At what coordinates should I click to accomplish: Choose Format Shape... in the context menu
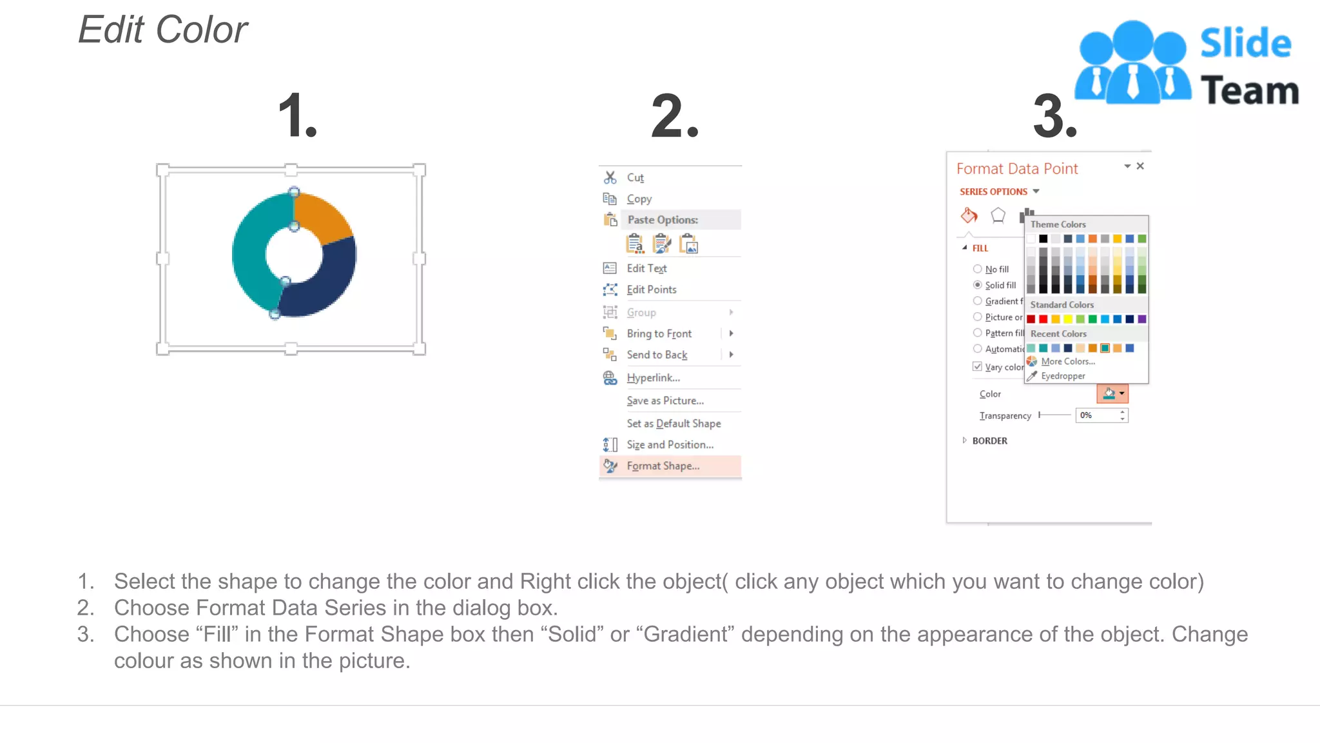663,466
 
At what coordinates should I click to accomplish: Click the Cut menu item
635,177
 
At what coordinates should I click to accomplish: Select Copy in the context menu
639,199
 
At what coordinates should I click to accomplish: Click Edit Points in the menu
651,290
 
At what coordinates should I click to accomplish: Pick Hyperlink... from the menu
653,377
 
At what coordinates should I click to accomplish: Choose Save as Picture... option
665,401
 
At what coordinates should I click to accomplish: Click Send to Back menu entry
657,355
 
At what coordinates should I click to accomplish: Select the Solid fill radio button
978,285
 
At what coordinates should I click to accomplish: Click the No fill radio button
978,269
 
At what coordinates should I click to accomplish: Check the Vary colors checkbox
977,366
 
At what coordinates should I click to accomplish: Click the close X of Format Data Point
1140,166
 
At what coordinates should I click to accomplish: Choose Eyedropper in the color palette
1062,376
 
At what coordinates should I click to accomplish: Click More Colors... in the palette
1067,361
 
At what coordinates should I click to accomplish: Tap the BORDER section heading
989,441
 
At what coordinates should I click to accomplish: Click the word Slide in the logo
1245,44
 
